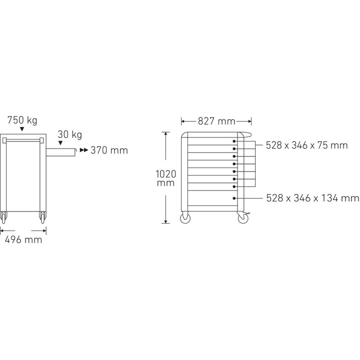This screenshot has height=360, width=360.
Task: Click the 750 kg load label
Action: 22,120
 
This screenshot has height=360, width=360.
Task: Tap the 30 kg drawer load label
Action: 69,135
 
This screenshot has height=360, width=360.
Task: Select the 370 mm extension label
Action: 108,150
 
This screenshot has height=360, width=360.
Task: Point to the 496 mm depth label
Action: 23,239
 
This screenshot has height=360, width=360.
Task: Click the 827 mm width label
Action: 216,121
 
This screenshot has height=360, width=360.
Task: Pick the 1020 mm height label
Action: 165,178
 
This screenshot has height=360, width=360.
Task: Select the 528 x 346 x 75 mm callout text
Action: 306,145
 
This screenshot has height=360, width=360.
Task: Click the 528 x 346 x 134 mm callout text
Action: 312,198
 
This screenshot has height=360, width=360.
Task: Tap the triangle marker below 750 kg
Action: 22,129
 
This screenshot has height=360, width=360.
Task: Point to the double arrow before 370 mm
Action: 83,150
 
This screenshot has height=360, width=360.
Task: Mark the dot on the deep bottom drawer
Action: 234,198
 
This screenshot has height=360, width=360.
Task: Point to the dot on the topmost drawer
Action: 234,141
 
